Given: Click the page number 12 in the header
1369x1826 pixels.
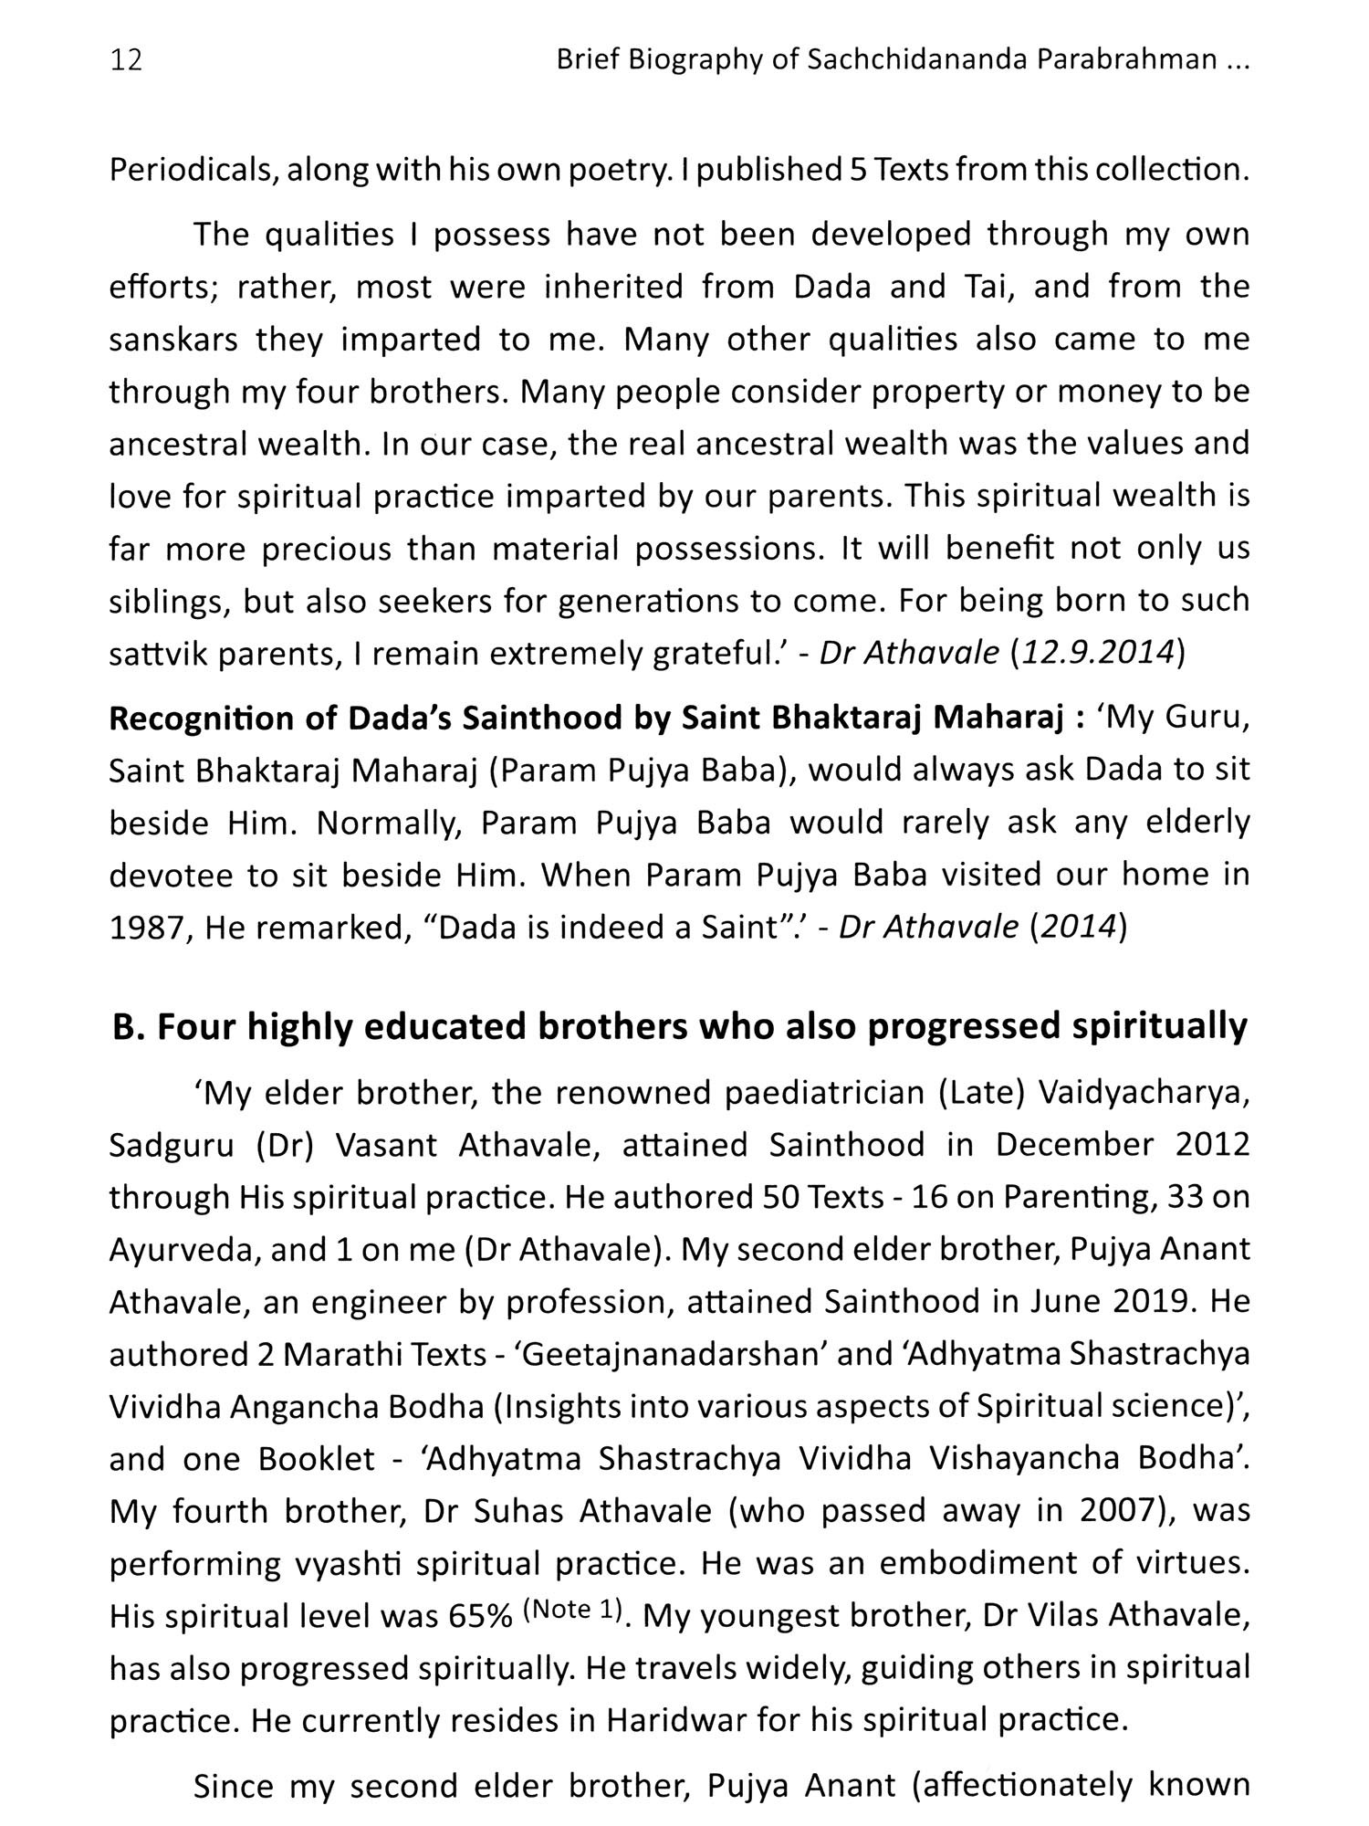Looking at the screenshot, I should tap(126, 61).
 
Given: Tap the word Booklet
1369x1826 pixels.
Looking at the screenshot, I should tap(317, 1459).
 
